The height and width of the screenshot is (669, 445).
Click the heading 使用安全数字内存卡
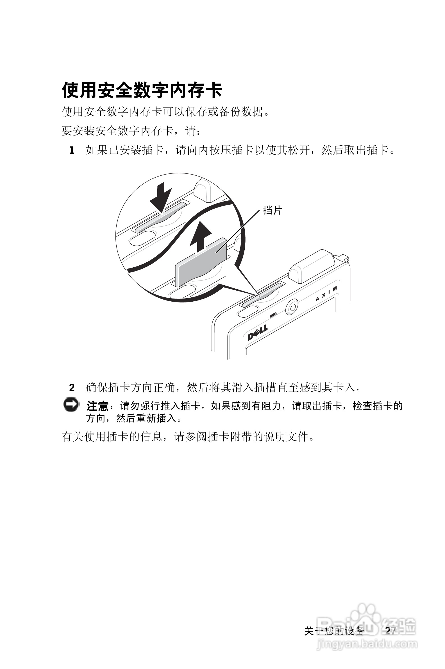(142, 90)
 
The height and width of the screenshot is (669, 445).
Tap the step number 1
(72, 150)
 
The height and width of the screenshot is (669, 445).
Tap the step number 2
(72, 388)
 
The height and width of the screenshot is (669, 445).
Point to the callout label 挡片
(272, 211)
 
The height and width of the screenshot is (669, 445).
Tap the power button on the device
(292, 307)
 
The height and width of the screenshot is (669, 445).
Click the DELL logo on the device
(258, 333)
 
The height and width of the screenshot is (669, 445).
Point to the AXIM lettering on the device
(327, 294)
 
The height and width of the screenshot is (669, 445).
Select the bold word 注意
(97, 406)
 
